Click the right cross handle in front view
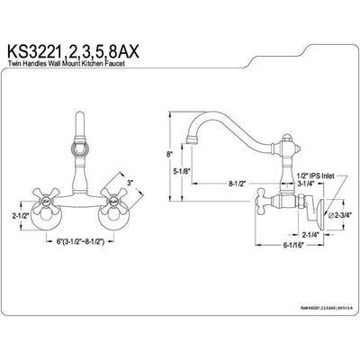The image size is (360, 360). (114, 214)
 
